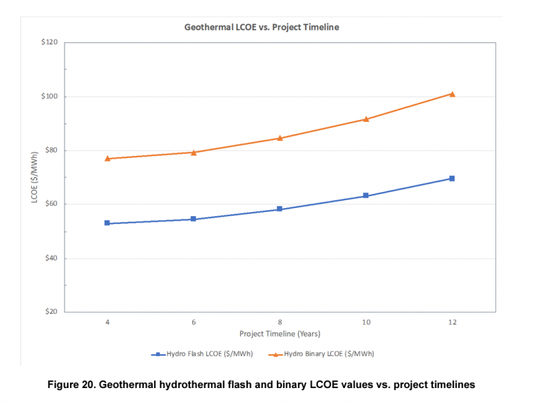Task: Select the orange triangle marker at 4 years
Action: (x=108, y=159)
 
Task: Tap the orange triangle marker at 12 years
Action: (x=452, y=94)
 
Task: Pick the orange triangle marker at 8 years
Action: (x=280, y=138)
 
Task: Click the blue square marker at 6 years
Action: (x=194, y=219)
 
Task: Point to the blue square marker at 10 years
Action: (x=366, y=196)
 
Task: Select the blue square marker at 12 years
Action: (x=452, y=178)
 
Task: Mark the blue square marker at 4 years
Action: (x=108, y=223)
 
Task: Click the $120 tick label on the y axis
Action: (x=49, y=43)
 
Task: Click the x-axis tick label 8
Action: (x=280, y=322)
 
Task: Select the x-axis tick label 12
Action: (x=452, y=322)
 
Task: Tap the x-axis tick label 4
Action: (x=108, y=322)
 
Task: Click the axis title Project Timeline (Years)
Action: (x=280, y=334)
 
